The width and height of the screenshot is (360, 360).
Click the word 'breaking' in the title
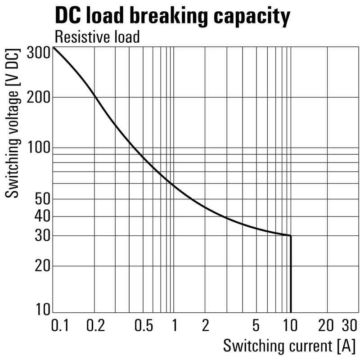pyautogui.click(x=161, y=17)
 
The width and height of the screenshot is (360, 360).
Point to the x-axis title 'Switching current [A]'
pyautogui.click(x=289, y=346)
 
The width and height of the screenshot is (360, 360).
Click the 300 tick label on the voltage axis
pyautogui.click(x=38, y=53)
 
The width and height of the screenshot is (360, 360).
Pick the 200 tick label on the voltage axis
pyautogui.click(x=38, y=97)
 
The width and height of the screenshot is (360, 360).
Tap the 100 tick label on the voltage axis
pyautogui.click(x=38, y=148)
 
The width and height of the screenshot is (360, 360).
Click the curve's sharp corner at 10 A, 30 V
pyautogui.click(x=291, y=235)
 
